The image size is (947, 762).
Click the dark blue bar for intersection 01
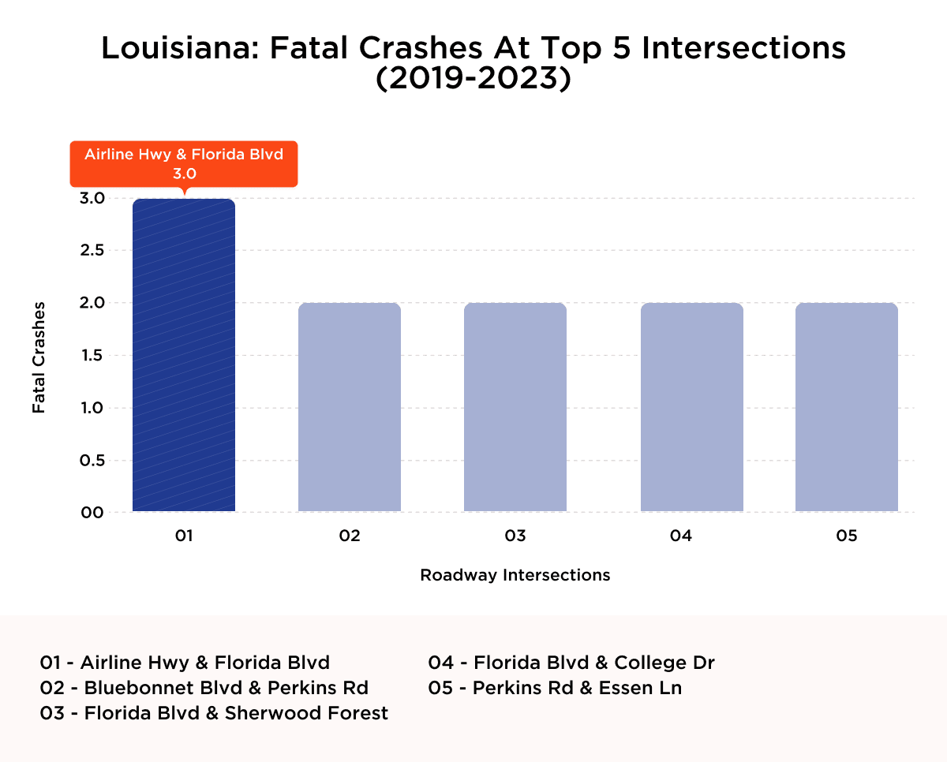(184, 355)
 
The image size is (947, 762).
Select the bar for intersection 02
(350, 407)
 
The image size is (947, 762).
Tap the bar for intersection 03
(515, 407)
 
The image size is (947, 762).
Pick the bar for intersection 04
(692, 407)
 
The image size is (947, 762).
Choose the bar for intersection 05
(847, 407)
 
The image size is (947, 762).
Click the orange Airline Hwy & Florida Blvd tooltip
(184, 163)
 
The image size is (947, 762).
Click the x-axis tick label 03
(515, 536)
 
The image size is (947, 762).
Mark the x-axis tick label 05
(847, 536)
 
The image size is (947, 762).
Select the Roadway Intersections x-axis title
(515, 575)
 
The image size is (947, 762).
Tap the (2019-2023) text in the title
(473, 80)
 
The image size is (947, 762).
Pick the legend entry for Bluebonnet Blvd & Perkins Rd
(204, 687)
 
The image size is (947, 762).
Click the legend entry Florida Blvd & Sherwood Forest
(214, 713)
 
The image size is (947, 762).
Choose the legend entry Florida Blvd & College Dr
(571, 662)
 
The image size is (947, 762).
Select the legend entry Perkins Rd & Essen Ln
(555, 687)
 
